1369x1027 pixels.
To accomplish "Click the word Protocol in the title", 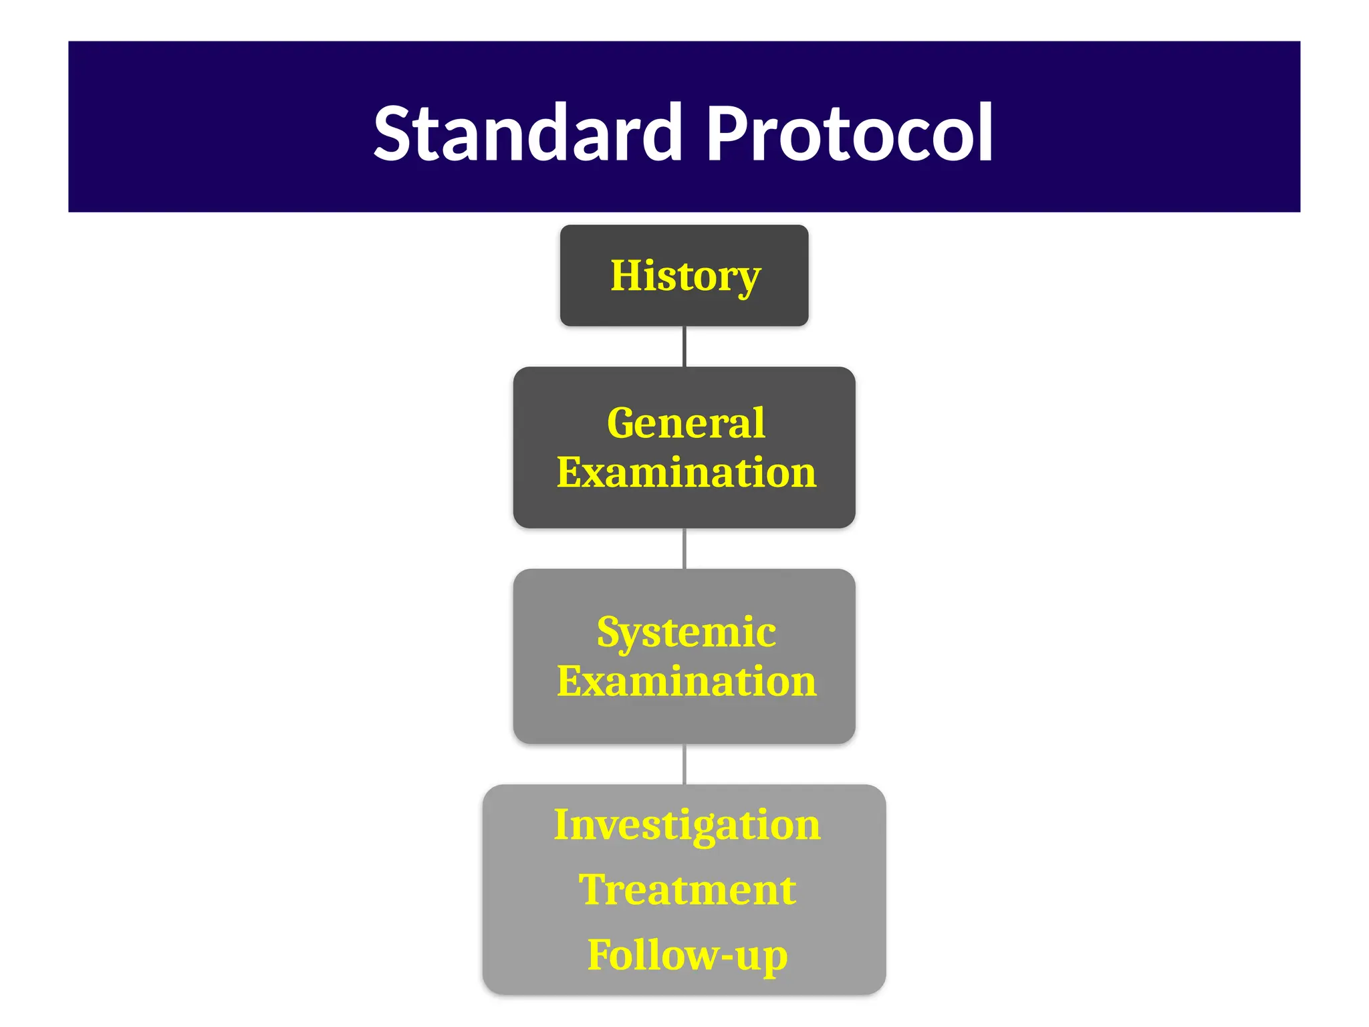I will pos(849,134).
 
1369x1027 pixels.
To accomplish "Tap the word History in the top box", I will pos(685,275).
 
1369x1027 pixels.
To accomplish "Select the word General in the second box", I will pos(686,423).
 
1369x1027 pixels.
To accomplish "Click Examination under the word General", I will pos(687,473).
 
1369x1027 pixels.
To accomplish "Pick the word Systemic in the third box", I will pos(687,632).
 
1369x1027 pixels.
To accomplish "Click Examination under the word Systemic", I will pos(687,681).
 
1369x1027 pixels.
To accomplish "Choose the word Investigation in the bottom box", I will pos(687,824).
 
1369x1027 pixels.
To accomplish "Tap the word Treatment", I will pos(687,890).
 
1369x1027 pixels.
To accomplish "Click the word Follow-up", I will pos(687,955).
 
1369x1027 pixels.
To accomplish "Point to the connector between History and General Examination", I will pos(684,346).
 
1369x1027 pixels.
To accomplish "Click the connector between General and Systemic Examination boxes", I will pos(684,548).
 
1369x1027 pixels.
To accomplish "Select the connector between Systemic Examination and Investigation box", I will pos(684,764).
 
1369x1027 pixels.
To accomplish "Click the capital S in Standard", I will pos(395,134).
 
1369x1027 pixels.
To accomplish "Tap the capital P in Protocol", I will pos(725,134).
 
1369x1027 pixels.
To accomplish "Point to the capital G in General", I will pos(624,423).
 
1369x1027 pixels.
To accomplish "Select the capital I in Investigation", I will pos(563,824).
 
